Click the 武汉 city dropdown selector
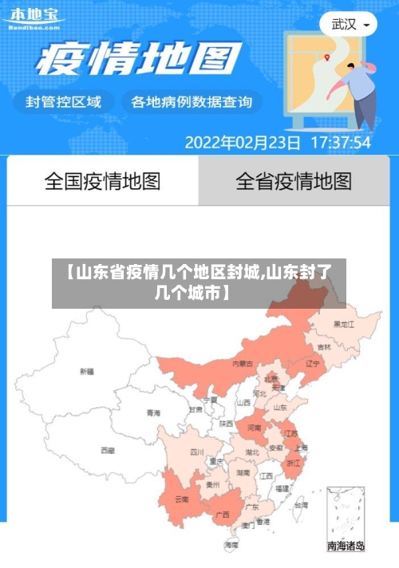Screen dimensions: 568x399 350,25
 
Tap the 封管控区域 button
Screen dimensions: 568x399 64,102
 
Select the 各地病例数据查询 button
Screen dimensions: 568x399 191,102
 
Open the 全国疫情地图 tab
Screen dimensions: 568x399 102,181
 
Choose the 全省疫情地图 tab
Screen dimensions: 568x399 294,181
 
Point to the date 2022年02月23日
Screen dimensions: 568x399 243,144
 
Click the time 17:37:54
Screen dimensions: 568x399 340,144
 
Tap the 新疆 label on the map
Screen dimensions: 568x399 87,371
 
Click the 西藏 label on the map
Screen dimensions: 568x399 108,451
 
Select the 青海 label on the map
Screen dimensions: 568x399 153,412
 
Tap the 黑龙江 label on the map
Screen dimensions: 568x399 343,324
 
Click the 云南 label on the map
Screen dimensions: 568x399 181,500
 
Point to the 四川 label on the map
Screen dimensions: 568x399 196,452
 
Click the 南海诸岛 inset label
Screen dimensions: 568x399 346,546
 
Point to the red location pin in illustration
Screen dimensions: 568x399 327,56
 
